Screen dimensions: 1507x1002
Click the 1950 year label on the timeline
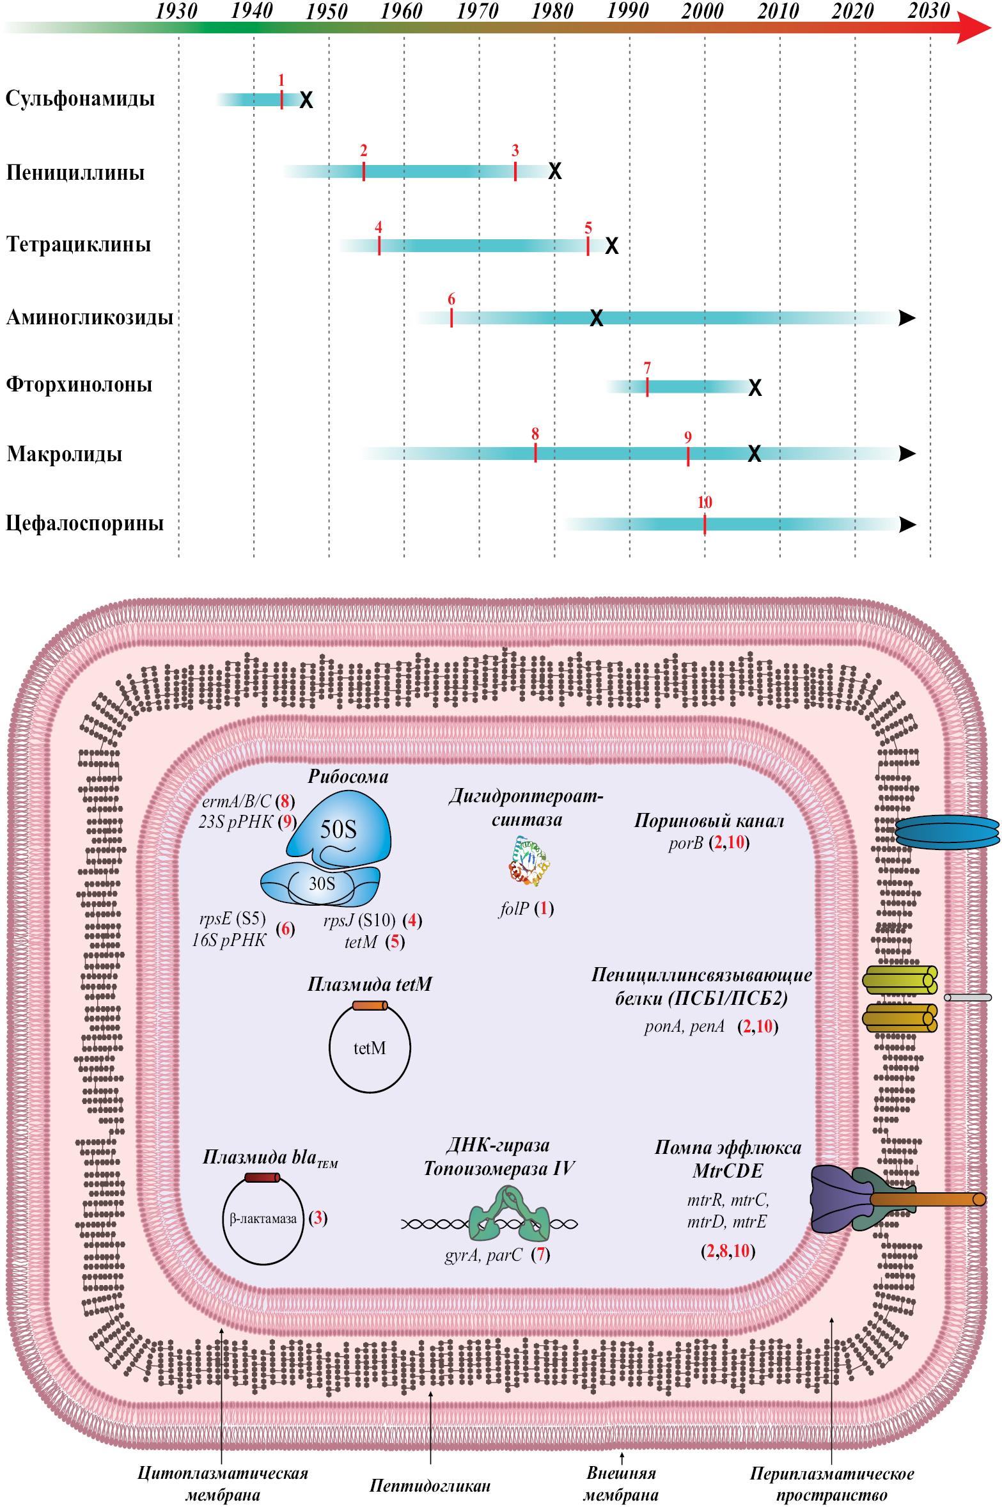coord(327,12)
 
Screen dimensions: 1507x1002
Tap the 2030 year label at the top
coord(928,11)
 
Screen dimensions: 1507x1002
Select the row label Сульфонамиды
coord(80,99)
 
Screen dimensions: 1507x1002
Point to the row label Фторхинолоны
coord(79,384)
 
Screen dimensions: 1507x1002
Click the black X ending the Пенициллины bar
coord(555,171)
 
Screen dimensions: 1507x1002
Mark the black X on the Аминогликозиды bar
coord(596,318)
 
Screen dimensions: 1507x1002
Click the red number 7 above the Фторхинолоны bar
coord(647,368)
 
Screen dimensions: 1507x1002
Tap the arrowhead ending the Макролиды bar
coord(907,454)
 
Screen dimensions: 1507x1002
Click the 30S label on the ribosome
coord(322,884)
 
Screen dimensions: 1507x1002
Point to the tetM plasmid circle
coord(370,1048)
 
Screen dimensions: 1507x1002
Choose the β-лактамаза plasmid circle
coord(263,1219)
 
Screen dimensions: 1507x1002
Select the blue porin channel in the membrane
coord(946,832)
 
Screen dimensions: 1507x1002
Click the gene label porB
coord(685,844)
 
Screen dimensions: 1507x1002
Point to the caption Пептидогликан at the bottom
coord(430,1485)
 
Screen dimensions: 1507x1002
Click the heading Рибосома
coord(348,777)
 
